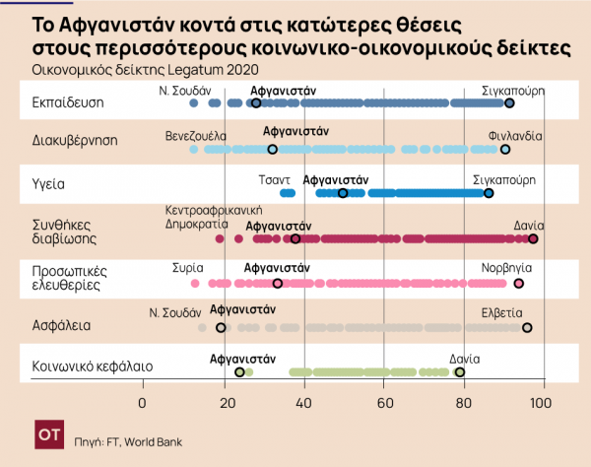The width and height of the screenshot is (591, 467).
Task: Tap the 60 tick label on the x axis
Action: [x=385, y=403]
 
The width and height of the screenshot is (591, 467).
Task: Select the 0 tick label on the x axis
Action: [x=143, y=403]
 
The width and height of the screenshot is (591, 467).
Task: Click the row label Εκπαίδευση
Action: [x=65, y=102]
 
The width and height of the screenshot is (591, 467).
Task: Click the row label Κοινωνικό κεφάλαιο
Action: [x=92, y=366]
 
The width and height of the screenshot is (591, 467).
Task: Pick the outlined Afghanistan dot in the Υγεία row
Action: [x=343, y=193]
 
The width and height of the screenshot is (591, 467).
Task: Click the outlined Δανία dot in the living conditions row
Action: [x=533, y=238]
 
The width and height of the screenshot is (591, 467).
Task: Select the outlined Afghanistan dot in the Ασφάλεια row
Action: [x=221, y=327]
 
